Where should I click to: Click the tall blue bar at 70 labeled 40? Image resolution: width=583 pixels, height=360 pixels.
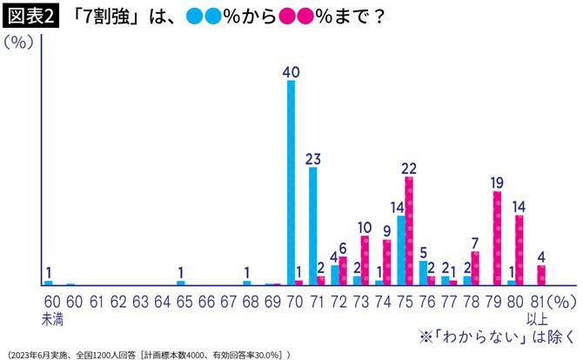pyautogui.click(x=291, y=183)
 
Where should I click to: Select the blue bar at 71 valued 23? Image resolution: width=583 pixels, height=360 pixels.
pyautogui.click(x=313, y=226)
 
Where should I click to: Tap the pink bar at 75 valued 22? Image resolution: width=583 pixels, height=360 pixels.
pyautogui.click(x=409, y=231)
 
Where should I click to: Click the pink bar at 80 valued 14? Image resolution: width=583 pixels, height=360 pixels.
pyautogui.click(x=519, y=250)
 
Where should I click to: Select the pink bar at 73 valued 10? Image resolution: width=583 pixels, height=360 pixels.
pyautogui.click(x=365, y=260)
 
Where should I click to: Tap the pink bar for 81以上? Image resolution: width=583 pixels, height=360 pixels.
pyautogui.click(x=541, y=275)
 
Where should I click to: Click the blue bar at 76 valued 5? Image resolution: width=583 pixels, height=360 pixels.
pyautogui.click(x=423, y=272)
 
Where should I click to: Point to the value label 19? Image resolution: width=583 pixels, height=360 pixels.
pyautogui.click(x=497, y=183)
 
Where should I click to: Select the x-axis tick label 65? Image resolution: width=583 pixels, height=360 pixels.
pyautogui.click(x=180, y=302)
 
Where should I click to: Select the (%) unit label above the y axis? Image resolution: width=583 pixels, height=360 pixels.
pyautogui.click(x=18, y=45)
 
